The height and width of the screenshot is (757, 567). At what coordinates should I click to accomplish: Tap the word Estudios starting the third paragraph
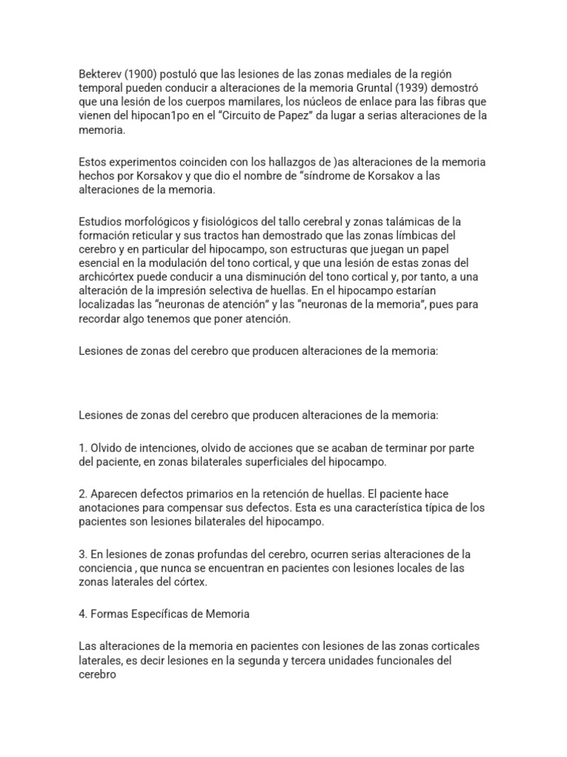[x=100, y=222]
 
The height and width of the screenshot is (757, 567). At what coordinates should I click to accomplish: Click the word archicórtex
[x=107, y=277]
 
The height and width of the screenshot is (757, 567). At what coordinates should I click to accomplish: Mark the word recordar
[x=100, y=319]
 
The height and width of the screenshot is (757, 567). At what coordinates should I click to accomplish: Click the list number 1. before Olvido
[x=83, y=448]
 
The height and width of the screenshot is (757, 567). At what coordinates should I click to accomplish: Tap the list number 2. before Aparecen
[x=83, y=494]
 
